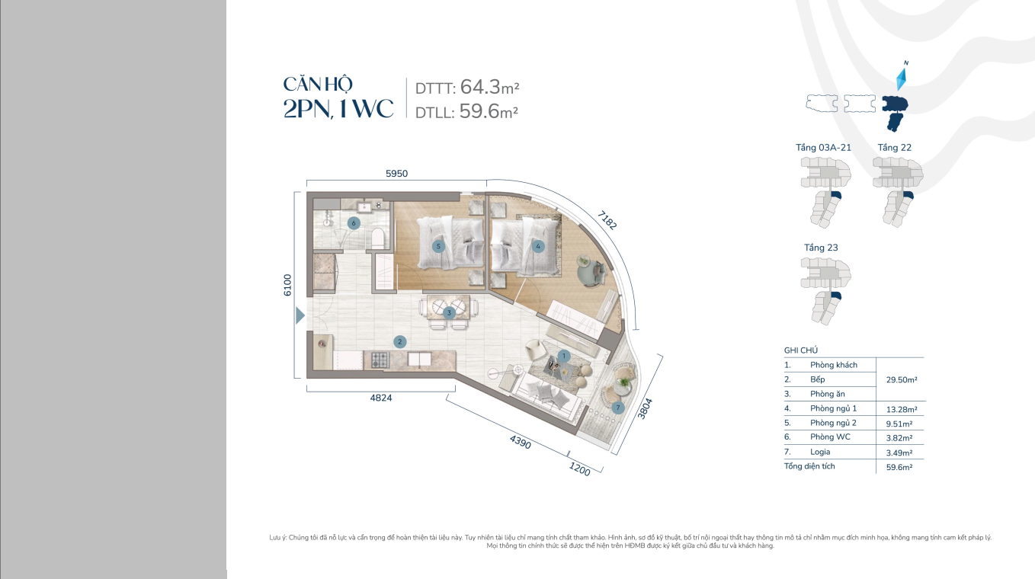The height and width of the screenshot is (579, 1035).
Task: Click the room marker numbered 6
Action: click(354, 223)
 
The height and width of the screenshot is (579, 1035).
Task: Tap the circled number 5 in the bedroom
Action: click(438, 247)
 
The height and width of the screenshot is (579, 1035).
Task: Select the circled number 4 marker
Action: click(538, 247)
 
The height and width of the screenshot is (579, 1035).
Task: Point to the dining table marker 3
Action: click(449, 313)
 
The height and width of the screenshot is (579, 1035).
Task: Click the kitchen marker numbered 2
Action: click(399, 342)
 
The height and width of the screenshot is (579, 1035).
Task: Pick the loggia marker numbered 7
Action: click(618, 408)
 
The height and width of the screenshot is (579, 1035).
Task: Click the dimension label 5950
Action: click(397, 174)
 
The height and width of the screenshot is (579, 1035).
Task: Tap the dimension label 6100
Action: click(287, 285)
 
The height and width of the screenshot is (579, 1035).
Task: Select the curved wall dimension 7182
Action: click(607, 220)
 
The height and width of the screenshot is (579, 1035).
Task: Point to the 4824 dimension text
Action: click(381, 398)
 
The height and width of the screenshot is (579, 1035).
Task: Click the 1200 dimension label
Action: click(579, 469)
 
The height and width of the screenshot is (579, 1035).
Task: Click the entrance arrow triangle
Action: click(300, 316)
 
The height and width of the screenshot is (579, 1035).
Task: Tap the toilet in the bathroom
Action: click(377, 238)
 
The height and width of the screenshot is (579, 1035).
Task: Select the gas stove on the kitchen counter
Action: click(380, 360)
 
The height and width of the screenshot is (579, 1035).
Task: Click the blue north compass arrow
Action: click(902, 80)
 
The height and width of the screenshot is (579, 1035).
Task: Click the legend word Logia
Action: click(820, 452)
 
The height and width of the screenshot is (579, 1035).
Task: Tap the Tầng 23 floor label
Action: click(821, 248)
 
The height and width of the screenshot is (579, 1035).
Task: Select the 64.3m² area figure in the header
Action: click(490, 87)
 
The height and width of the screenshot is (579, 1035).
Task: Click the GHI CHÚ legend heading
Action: click(801, 350)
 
